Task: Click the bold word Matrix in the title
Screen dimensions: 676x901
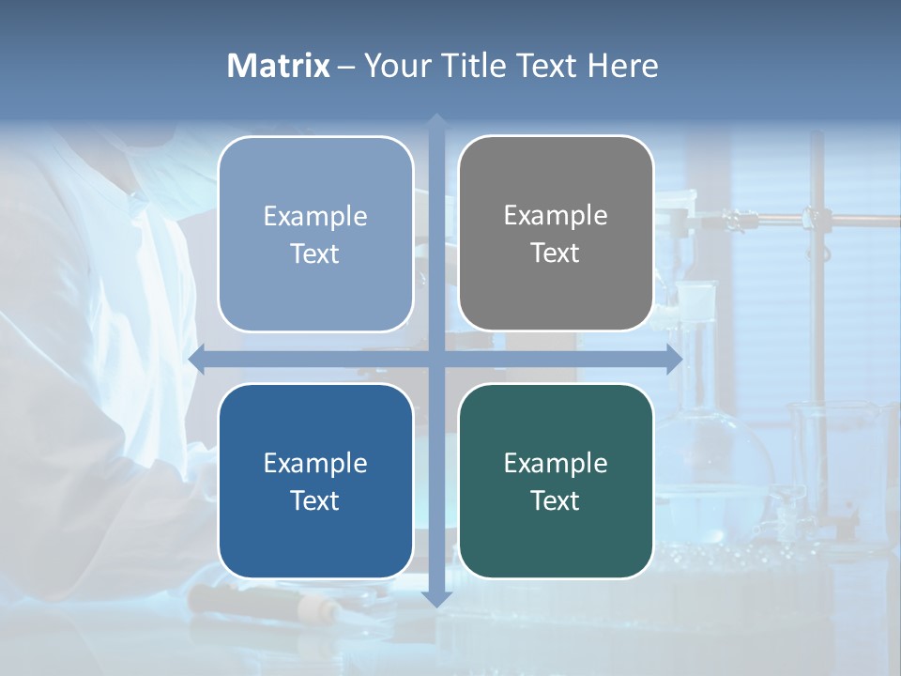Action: [278, 66]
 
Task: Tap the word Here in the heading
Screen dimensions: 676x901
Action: [622, 66]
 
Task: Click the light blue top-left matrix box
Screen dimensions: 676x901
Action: [315, 234]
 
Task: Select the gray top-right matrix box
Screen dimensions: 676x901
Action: [556, 233]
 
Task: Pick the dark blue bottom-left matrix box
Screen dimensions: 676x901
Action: [315, 481]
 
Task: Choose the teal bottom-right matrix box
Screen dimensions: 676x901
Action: [556, 481]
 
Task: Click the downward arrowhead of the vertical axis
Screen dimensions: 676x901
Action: [436, 598]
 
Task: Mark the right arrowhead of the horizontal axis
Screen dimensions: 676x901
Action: [674, 360]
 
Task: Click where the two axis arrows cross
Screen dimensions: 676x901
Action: [436, 360]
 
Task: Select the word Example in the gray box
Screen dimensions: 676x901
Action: [556, 215]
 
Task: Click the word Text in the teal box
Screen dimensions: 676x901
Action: [556, 500]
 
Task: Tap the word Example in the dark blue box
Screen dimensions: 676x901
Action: [315, 463]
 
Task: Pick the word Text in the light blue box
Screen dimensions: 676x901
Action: [315, 253]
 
